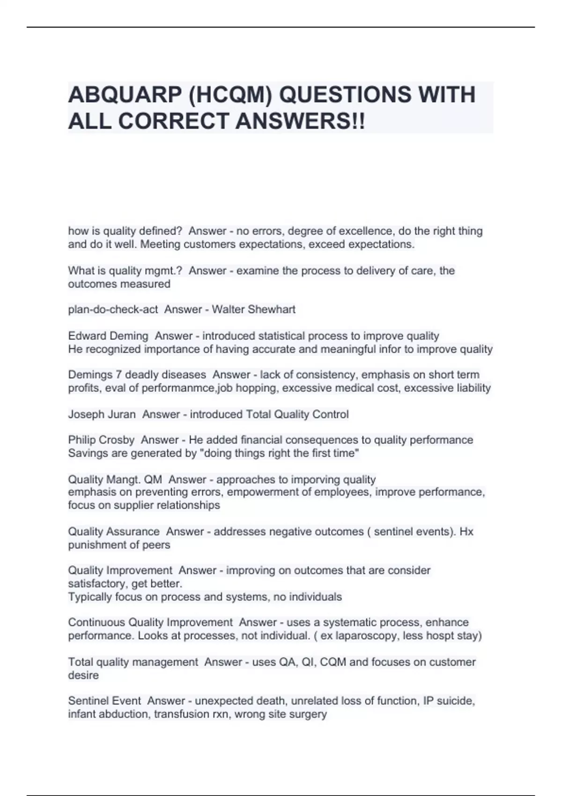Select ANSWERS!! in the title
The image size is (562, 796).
[x=300, y=122]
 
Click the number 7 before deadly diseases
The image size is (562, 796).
[x=119, y=375]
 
